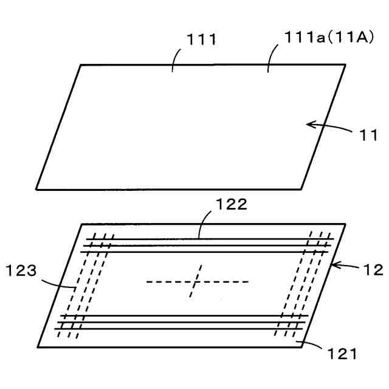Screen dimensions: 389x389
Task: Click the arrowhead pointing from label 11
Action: click(309, 125)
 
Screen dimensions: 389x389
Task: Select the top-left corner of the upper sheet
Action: click(80, 65)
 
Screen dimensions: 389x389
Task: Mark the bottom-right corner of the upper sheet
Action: click(302, 188)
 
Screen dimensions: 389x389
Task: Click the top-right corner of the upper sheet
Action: click(346, 64)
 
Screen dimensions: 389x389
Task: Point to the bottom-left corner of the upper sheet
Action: click(36, 188)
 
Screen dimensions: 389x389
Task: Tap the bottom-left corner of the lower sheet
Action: click(38, 347)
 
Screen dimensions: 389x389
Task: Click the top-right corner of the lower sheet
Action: click(346, 224)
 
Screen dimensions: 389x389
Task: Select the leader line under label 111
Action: click(174, 61)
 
